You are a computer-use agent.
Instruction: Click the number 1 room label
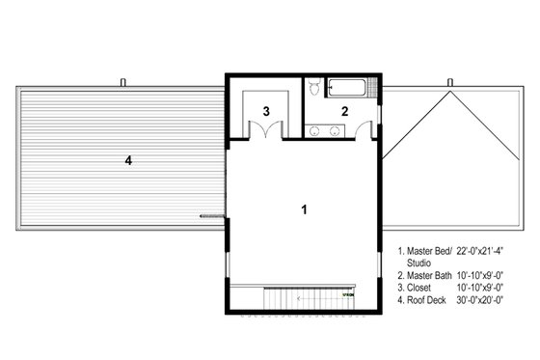(305, 208)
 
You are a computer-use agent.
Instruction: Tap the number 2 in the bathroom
(343, 112)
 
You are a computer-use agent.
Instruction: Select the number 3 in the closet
(265, 112)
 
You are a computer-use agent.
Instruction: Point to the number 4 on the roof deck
(127, 161)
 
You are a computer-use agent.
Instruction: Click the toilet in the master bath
(314, 89)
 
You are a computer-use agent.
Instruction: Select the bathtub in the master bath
(348, 90)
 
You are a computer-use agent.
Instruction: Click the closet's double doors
(265, 133)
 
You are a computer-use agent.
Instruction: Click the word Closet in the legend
(422, 288)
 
